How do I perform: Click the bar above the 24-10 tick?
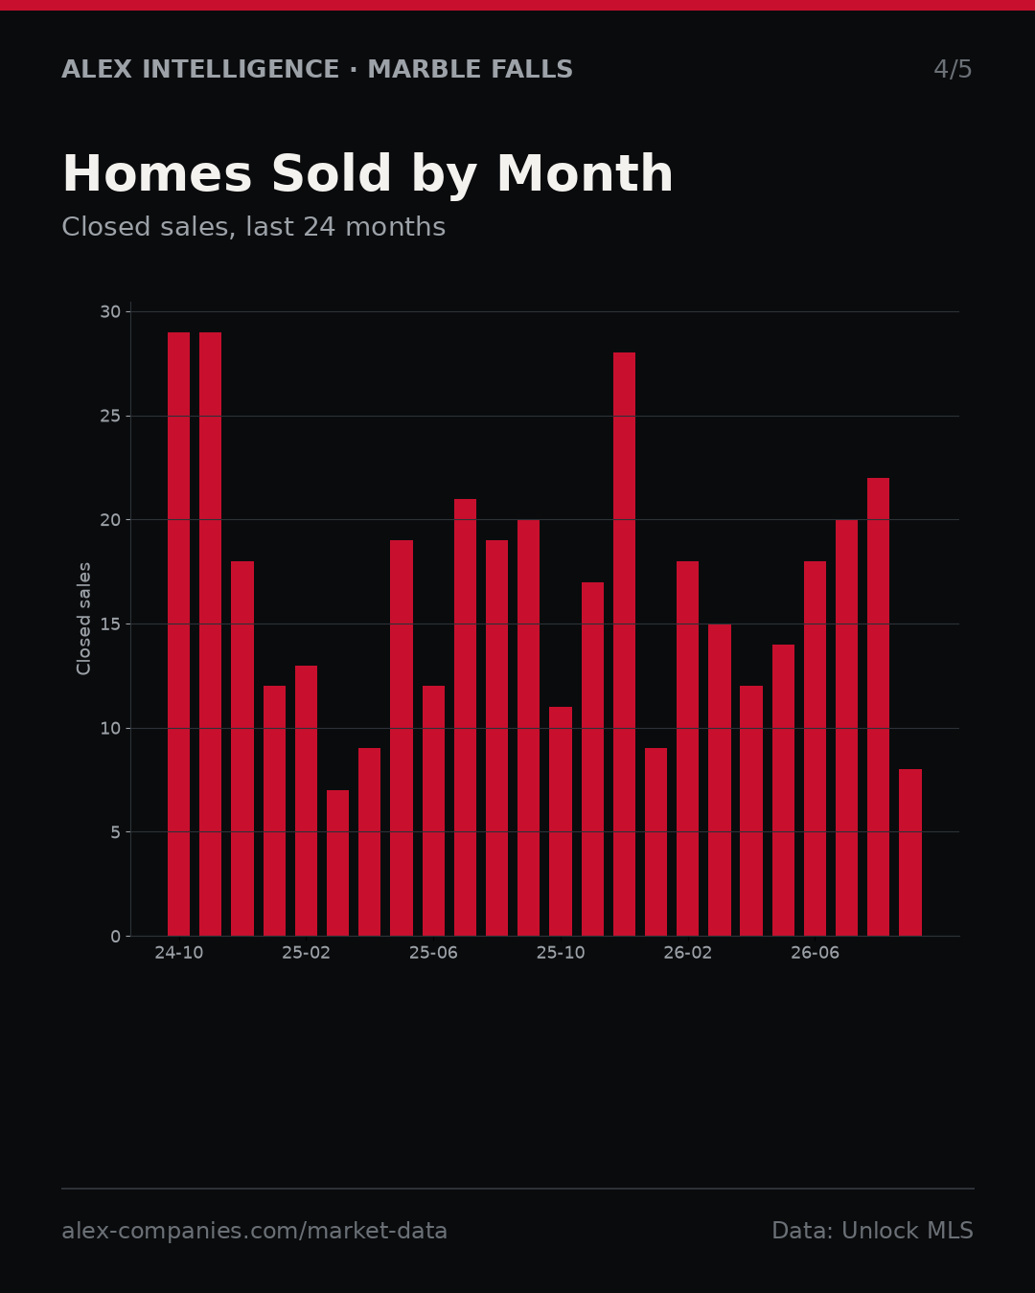(178, 634)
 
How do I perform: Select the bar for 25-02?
(306, 801)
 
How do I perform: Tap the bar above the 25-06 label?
(433, 810)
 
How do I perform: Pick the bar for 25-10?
(561, 822)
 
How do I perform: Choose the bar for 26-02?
(687, 749)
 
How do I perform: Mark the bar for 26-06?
(815, 749)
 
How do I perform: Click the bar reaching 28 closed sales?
(624, 644)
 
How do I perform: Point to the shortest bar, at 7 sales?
(338, 863)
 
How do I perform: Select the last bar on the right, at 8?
(910, 852)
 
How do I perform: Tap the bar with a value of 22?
(878, 707)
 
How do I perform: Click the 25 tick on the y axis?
(110, 417)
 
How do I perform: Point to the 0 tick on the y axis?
(116, 937)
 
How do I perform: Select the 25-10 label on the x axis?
(561, 953)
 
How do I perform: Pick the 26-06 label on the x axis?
(815, 953)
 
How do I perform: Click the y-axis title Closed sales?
(83, 619)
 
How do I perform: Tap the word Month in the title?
(585, 173)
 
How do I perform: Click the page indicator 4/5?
(954, 69)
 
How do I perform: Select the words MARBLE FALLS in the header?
(471, 69)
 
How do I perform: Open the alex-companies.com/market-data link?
(254, 1230)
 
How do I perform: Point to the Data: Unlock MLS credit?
(873, 1230)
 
